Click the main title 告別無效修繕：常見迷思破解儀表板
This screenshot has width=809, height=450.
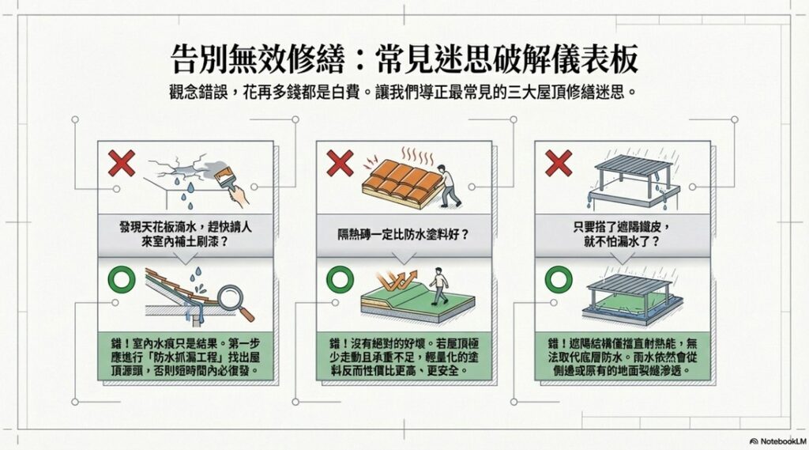point(404,59)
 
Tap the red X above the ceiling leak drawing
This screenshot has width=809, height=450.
point(121,163)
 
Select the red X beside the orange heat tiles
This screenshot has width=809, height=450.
point(340,163)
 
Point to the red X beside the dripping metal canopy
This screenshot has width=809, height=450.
point(559,163)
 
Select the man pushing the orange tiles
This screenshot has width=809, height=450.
point(447,186)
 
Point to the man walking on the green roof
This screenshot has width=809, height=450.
point(438,286)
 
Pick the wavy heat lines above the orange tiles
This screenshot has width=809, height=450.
point(418,156)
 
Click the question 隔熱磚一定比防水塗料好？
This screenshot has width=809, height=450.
point(404,235)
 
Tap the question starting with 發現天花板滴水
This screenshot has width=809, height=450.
point(186,234)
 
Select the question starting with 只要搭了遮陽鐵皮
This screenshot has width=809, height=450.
point(623,234)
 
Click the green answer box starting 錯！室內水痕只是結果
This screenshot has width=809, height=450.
point(186,357)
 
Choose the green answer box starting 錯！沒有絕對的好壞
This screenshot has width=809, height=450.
point(404,357)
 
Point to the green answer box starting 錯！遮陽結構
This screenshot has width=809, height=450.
point(623,357)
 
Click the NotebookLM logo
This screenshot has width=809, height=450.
point(777,441)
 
